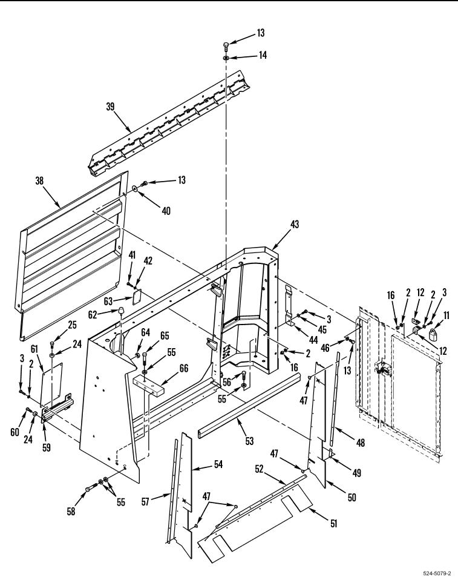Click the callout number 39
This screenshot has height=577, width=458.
110,107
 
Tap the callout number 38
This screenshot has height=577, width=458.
39,180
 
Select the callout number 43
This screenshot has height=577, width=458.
295,224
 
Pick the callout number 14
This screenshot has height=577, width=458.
263,55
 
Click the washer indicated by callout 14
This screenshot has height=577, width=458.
226,58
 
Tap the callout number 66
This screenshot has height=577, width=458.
184,368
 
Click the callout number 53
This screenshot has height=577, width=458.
250,441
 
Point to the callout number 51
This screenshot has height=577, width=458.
333,523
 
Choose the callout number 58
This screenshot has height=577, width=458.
71,511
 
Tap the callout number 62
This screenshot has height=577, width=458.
92,315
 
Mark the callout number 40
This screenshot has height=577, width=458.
166,211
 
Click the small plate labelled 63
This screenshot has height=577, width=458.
137,297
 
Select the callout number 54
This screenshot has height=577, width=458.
218,464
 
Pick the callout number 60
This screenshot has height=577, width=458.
15,432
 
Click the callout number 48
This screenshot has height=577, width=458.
361,443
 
